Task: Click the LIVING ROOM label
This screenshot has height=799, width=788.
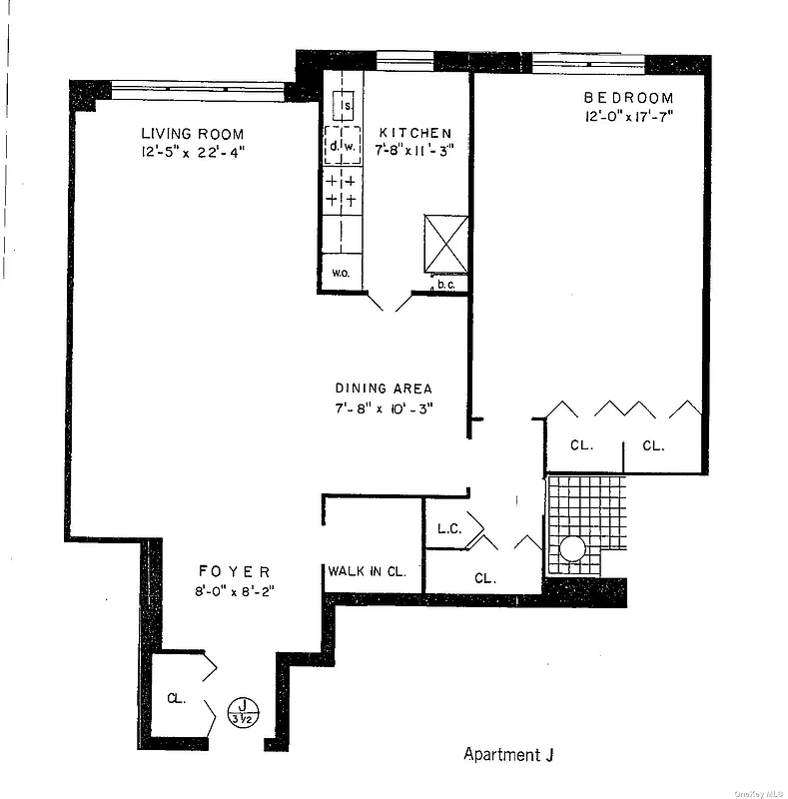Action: coord(192,134)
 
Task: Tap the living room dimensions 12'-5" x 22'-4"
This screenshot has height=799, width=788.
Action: coord(192,153)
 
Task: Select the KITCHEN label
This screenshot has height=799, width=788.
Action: coord(414,133)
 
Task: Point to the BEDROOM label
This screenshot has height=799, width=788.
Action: coord(628,98)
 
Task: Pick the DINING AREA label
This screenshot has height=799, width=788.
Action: coord(384,389)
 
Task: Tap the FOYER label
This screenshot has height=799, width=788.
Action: coord(234,571)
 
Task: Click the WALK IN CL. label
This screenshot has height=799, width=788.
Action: coord(367,572)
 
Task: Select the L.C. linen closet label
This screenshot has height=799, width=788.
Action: coord(448,528)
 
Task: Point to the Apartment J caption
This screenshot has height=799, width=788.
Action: coord(508,754)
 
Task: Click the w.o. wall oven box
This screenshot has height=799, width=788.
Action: coord(340,271)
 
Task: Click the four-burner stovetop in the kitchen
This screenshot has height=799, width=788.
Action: coord(342,192)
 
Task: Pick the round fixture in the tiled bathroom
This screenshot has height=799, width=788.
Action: coord(572,549)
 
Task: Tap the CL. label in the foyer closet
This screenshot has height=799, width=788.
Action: coord(176,698)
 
